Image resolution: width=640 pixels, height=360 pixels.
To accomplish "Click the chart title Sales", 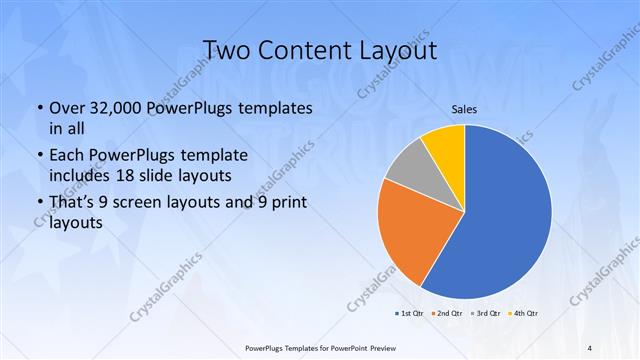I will [x=465, y=109].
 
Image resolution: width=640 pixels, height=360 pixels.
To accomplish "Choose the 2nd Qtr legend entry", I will [x=447, y=314].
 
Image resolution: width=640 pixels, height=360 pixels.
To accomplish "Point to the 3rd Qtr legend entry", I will [x=485, y=314].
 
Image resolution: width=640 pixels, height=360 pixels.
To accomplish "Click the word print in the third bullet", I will [x=287, y=204].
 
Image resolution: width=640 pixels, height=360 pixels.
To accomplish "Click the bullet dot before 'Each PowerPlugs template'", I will [x=39, y=156].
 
